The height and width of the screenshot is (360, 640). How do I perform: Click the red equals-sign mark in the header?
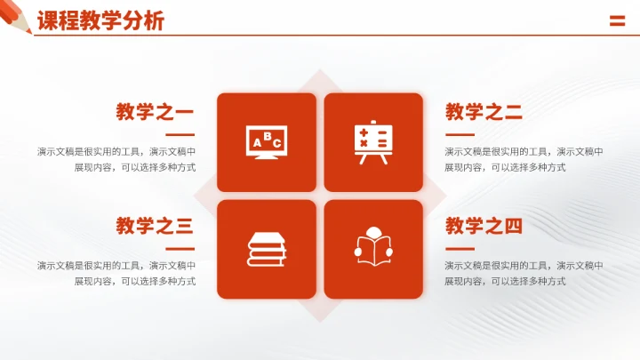pyautogui.click(x=617, y=21)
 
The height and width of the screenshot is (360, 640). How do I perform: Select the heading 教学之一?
pyautogui.click(x=155, y=112)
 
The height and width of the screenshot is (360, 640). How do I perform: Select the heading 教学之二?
pyautogui.click(x=484, y=112)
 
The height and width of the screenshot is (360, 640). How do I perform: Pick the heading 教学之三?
pyautogui.click(x=155, y=226)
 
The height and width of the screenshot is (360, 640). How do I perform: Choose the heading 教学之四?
pyautogui.click(x=484, y=226)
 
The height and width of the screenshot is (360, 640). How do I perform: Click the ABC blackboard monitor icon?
pyautogui.click(x=267, y=142)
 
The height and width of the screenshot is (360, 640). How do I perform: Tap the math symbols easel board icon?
pyautogui.click(x=373, y=142)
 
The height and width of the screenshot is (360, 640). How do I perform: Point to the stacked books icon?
pyautogui.click(x=267, y=249)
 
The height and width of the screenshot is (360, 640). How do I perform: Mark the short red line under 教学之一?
pyautogui.click(x=180, y=134)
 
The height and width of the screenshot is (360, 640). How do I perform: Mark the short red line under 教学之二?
pyautogui.click(x=459, y=134)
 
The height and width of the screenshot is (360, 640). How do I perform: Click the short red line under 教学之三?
pyautogui.click(x=180, y=248)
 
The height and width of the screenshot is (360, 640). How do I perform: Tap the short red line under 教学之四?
pyautogui.click(x=459, y=248)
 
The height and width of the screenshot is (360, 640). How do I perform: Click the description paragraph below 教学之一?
pyautogui.click(x=116, y=159)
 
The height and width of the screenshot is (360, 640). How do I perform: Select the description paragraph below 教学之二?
pyautogui.click(x=524, y=159)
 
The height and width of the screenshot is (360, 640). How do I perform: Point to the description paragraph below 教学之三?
pyautogui.click(x=116, y=273)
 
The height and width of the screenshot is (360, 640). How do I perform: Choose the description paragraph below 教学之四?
pyautogui.click(x=524, y=273)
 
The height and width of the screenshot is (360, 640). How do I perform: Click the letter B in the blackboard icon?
pyautogui.click(x=267, y=137)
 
